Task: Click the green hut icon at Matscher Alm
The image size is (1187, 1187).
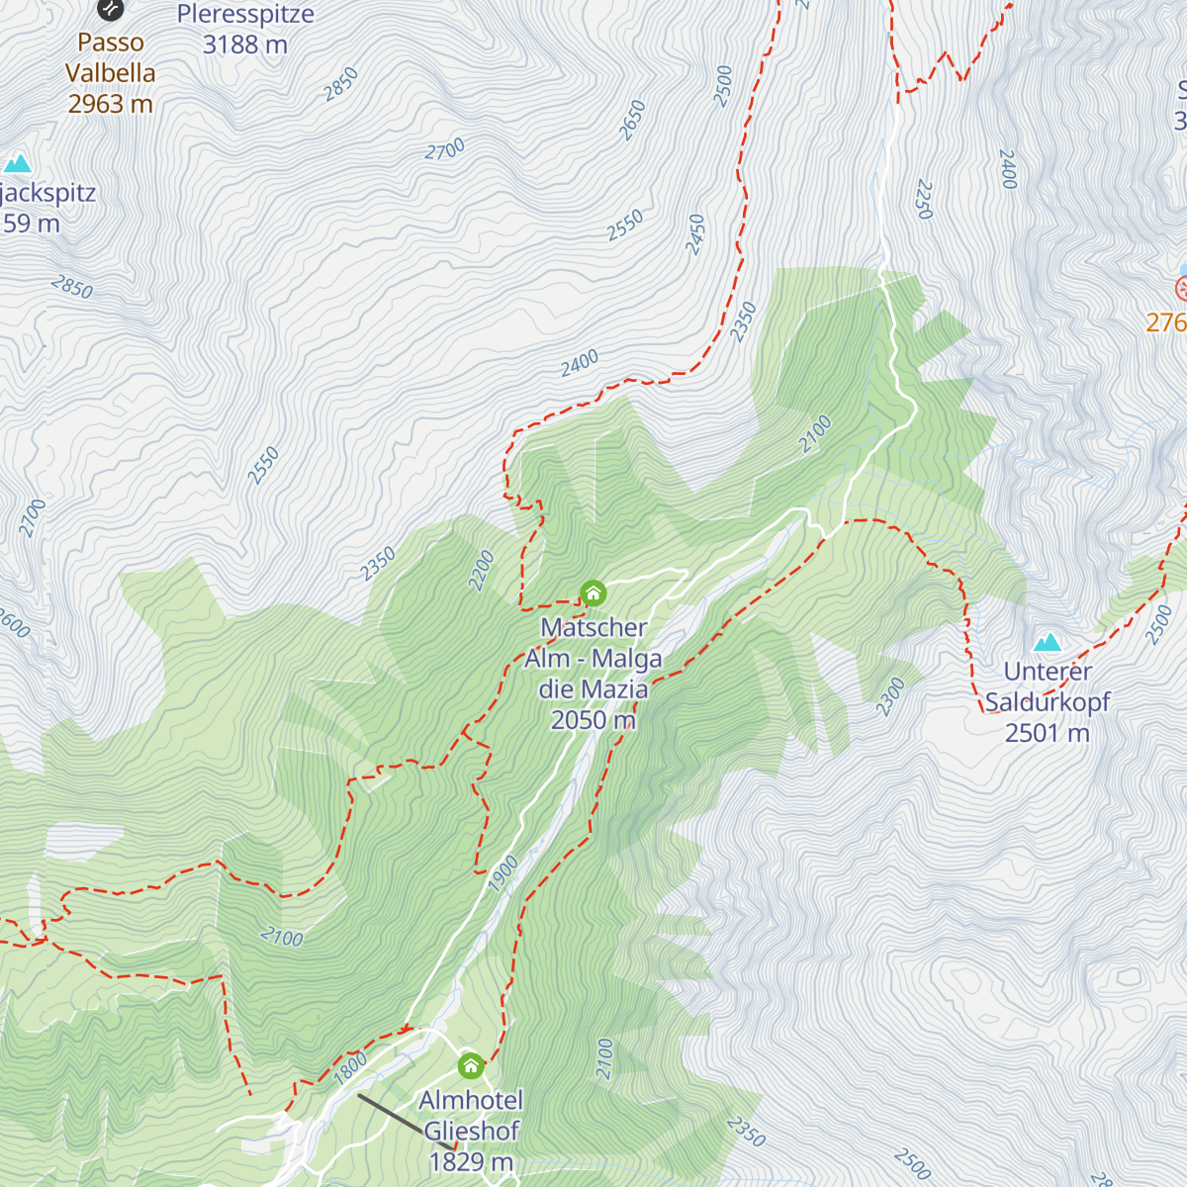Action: [593, 593]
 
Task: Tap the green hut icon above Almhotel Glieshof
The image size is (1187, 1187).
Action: [471, 1066]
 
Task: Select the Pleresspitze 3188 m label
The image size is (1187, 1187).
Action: [245, 29]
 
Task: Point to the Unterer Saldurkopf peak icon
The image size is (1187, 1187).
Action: [1047, 643]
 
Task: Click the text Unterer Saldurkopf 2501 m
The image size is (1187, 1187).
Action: [1047, 702]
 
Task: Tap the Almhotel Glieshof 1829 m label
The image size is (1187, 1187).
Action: [471, 1131]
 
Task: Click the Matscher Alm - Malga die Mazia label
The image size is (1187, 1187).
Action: [593, 674]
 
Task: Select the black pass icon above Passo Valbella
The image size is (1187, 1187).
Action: [110, 9]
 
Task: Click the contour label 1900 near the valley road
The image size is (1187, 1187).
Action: [503, 873]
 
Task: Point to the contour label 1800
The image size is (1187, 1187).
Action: [351, 1068]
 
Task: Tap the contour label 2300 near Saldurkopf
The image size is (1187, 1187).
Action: [890, 696]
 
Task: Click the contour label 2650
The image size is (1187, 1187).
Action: [631, 120]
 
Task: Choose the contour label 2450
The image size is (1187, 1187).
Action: [696, 234]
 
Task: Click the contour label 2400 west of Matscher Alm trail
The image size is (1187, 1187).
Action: [580, 363]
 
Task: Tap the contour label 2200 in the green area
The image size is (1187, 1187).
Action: [481, 572]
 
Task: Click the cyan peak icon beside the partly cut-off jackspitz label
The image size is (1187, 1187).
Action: [17, 163]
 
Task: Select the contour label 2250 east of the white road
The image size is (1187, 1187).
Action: [924, 199]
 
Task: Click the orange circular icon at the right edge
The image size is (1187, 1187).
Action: [1182, 289]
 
